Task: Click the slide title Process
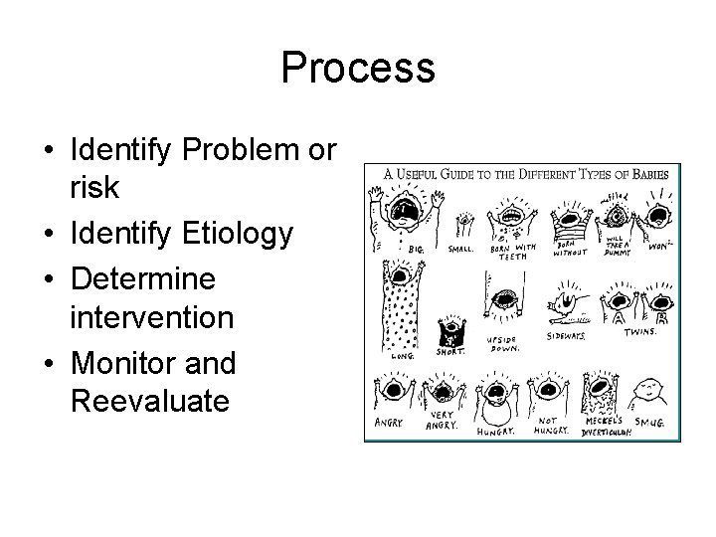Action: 358,69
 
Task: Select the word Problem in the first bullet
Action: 242,150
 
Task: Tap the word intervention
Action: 153,318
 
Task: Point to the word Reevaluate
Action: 150,402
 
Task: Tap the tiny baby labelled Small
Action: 462,220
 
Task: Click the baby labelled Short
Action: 454,328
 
